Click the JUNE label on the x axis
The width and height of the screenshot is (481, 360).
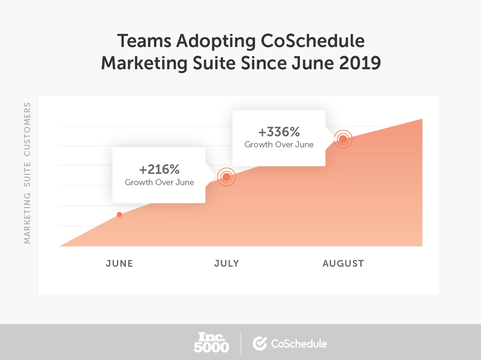pyautogui.click(x=119, y=263)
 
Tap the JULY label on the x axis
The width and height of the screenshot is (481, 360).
pyautogui.click(x=226, y=263)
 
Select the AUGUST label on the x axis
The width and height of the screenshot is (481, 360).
pyautogui.click(x=343, y=263)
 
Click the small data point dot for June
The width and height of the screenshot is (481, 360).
pyautogui.click(x=119, y=215)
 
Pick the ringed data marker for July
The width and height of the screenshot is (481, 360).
pyautogui.click(x=226, y=177)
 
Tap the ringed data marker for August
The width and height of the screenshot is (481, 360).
pyautogui.click(x=343, y=139)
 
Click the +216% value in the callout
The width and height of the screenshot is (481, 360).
pyautogui.click(x=159, y=169)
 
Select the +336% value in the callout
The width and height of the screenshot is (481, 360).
pyautogui.click(x=279, y=132)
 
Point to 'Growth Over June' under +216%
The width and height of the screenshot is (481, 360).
pyautogui.click(x=159, y=183)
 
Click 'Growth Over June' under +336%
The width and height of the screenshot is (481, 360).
pyautogui.click(x=279, y=145)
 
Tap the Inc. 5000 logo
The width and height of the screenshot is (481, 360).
pyautogui.click(x=211, y=342)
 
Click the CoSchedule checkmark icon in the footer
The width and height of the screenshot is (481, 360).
pyautogui.click(x=260, y=343)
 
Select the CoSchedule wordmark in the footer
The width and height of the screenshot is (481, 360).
pyautogui.click(x=299, y=344)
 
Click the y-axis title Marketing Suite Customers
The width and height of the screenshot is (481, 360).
pyautogui.click(x=27, y=173)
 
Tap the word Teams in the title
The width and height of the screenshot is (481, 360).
pyautogui.click(x=141, y=42)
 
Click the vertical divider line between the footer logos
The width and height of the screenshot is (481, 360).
pyautogui.click(x=241, y=343)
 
